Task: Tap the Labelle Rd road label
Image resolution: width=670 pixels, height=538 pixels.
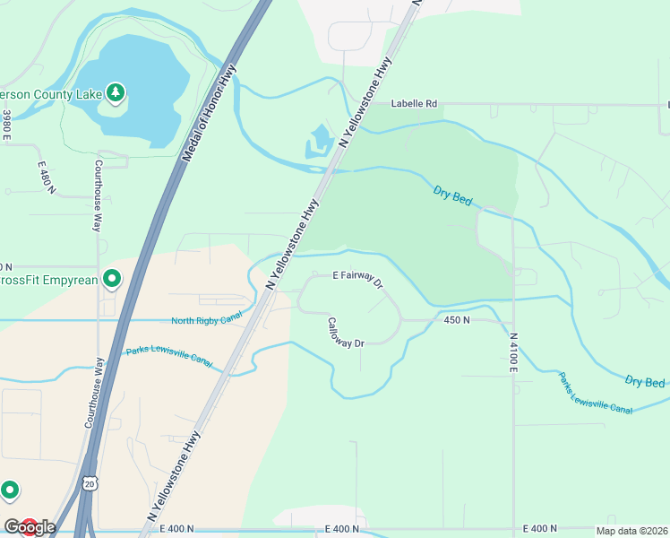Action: (x=414, y=103)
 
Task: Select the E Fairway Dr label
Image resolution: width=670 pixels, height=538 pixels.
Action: (x=357, y=279)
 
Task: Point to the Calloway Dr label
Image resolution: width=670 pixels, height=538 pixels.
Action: (x=346, y=332)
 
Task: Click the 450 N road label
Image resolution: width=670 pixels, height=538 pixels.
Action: (x=457, y=319)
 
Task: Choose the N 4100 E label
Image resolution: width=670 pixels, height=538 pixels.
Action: (x=514, y=353)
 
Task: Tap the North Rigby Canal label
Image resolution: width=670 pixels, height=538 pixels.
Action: (x=207, y=320)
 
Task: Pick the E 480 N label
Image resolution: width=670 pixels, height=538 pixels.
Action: (x=47, y=178)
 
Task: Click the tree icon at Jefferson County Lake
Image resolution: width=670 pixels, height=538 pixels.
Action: (x=115, y=91)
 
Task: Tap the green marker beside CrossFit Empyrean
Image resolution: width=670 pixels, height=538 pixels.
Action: (x=111, y=280)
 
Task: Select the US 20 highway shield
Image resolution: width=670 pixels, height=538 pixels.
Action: (x=89, y=484)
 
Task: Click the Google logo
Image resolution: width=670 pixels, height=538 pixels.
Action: (x=30, y=526)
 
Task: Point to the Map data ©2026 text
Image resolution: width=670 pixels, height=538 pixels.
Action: (x=631, y=531)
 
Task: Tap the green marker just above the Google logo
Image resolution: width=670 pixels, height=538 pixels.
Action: (x=10, y=490)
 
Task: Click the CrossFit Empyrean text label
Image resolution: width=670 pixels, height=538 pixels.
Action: (x=47, y=280)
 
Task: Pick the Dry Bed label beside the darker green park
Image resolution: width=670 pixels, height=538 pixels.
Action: (x=452, y=195)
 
